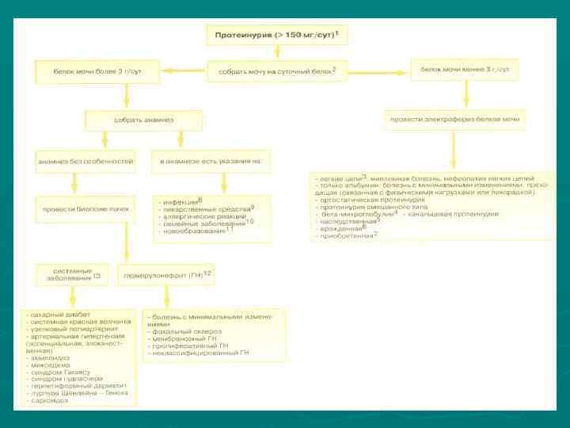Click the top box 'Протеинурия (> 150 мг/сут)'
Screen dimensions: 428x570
tap(277, 35)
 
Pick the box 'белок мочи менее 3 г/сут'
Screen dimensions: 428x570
tap(465, 70)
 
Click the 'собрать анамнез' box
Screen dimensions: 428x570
tap(144, 120)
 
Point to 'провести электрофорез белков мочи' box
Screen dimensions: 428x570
tap(454, 120)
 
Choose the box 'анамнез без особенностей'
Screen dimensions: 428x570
tap(75, 161)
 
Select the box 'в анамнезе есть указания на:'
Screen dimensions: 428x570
tap(211, 161)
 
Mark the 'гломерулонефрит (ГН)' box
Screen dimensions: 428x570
tap(168, 275)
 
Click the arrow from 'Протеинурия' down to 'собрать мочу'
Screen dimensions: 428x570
tap(277, 52)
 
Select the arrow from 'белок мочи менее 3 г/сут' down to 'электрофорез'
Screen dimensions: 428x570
tap(465, 95)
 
